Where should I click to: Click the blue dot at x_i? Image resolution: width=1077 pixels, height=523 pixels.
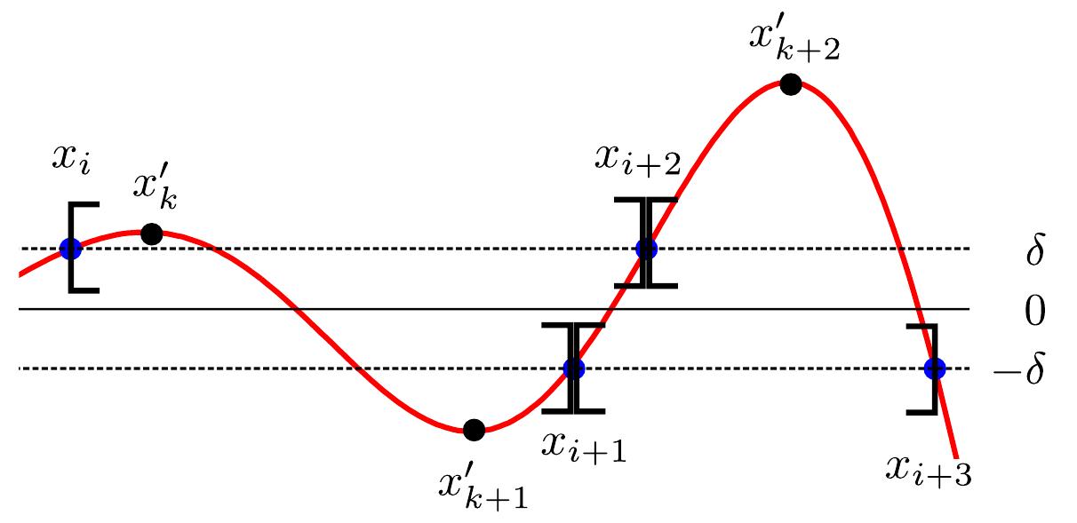[x=70, y=250]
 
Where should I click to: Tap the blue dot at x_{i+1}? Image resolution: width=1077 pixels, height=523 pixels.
[x=574, y=368]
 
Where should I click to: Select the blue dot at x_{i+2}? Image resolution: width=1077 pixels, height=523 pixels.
[x=646, y=249]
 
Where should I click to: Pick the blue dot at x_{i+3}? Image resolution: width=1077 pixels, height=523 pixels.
[x=934, y=368]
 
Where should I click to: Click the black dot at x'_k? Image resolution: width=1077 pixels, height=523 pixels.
[x=151, y=234]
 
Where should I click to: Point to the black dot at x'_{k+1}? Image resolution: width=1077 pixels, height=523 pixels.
[x=474, y=430]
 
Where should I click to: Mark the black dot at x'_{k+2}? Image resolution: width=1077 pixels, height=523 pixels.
[x=789, y=84]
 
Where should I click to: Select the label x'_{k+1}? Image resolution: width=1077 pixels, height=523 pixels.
[x=483, y=487]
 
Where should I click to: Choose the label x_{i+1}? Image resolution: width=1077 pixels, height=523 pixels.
[x=583, y=444]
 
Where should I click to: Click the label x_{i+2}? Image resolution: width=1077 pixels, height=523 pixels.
[x=638, y=162]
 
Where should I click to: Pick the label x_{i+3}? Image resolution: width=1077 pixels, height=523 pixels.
[x=928, y=469]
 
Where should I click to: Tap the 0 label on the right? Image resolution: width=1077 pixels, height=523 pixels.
[x=1034, y=311]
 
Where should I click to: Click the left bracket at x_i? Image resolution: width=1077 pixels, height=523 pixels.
[x=78, y=247]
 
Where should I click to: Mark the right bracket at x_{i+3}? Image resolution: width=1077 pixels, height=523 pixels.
[x=927, y=368]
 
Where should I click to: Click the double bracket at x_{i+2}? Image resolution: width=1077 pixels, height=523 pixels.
[x=646, y=242]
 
